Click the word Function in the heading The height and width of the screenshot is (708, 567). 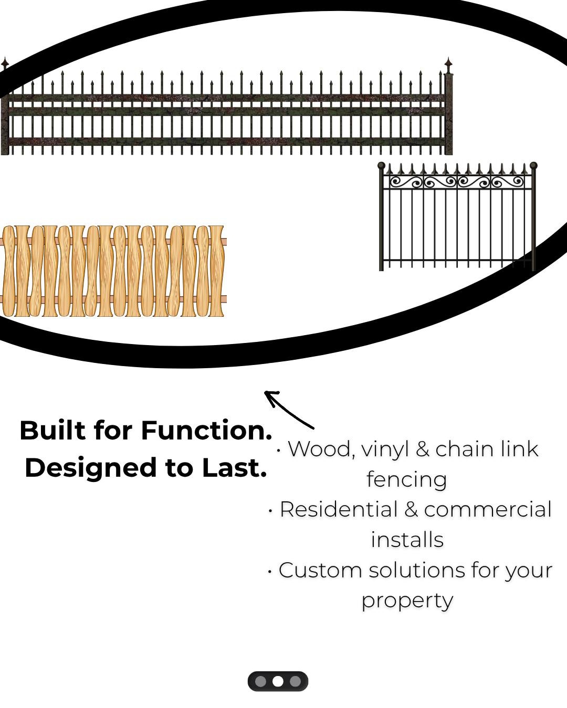[x=206, y=431]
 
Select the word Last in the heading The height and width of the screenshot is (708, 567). [x=234, y=468]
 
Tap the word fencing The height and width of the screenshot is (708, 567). [x=406, y=480]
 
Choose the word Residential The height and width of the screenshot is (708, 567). [x=339, y=510]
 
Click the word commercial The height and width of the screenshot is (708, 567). [x=488, y=510]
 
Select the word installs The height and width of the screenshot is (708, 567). [x=407, y=540]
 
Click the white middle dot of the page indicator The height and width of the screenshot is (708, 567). [x=278, y=681]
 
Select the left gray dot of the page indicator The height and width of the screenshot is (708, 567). [x=260, y=681]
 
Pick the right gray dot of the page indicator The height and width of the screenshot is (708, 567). [x=295, y=681]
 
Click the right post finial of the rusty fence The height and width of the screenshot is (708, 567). [x=448, y=65]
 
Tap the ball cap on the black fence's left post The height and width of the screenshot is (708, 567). [x=381, y=165]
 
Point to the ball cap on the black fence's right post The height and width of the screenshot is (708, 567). [x=533, y=165]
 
